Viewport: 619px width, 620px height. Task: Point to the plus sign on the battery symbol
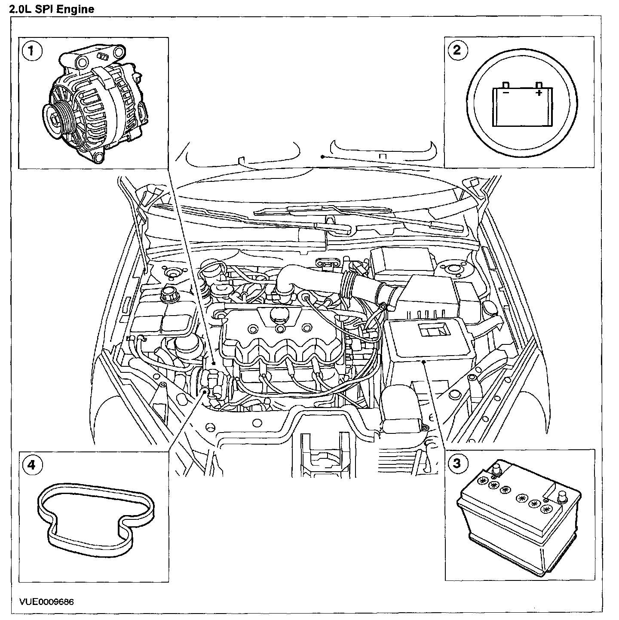[x=539, y=92]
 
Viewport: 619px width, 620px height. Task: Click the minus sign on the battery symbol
[x=506, y=92]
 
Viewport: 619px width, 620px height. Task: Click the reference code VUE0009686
[x=46, y=601]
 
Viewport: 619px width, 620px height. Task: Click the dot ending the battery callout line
[x=424, y=362]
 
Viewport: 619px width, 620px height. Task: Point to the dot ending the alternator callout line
[x=214, y=363]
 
